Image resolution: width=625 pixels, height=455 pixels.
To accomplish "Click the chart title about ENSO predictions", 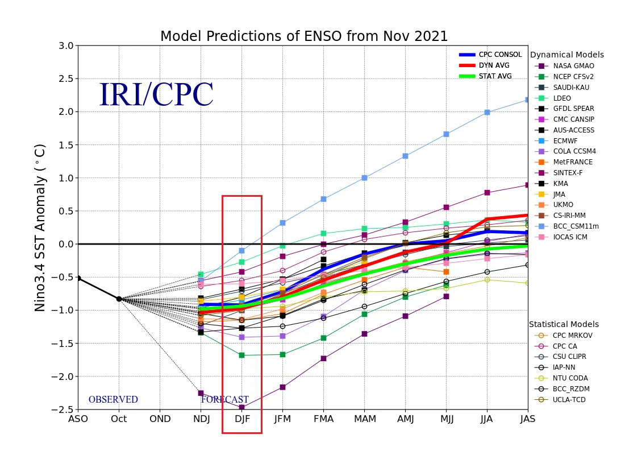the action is pos(304,36).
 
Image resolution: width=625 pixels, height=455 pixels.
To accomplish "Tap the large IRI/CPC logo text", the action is pos(156,94).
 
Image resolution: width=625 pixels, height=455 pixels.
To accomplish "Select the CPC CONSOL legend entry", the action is pos(490,55).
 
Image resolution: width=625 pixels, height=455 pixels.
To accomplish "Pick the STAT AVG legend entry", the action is pos(485,76).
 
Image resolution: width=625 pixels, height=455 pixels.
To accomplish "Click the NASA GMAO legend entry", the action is pos(564,66).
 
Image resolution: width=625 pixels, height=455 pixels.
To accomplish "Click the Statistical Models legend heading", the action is pos(564,324).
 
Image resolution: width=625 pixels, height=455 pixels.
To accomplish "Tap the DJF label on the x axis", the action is pos(242,419).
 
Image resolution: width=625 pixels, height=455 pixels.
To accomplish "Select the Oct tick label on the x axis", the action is pos(119,419).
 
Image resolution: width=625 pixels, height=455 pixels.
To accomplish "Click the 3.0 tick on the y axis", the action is pos(66,45).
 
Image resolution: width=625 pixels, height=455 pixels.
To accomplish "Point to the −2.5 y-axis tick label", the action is pos(63,409).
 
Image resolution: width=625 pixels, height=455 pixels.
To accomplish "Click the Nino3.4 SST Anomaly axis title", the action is pos(40,228).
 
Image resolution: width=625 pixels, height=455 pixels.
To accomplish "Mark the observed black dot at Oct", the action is pos(119,299).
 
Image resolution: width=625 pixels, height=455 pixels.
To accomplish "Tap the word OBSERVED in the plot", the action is pos(113,399).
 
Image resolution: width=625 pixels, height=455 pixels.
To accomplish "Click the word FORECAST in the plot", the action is pos(225,399).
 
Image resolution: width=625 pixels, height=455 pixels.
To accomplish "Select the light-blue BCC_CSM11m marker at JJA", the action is pos(487,113).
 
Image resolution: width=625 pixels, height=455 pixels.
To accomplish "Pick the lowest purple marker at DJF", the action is pos(241,407).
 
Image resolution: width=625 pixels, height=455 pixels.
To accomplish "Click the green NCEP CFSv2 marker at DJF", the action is pos(241,355).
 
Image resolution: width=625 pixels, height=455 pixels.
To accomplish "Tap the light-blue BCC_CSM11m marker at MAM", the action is pos(364,178).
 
